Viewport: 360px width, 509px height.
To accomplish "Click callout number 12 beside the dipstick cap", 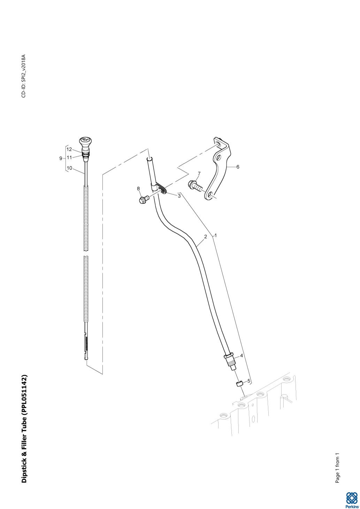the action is tap(69, 149).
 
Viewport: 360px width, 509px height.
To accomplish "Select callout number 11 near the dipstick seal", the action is tap(69, 157).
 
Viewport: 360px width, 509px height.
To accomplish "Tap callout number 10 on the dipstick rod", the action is tap(69, 168).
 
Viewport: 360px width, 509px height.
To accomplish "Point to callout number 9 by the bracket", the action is tap(61, 159).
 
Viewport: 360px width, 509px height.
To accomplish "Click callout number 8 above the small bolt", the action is tap(138, 188).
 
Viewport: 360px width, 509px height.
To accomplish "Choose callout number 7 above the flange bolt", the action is tap(199, 174).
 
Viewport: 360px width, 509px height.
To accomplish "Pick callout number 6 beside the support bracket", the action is tap(238, 167).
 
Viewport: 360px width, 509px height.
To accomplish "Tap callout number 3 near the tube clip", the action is tap(179, 196).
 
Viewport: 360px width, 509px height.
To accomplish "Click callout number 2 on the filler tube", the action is tap(206, 237).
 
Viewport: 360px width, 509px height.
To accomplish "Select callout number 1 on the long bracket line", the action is tap(216, 236).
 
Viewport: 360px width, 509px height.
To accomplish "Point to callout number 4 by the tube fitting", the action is tap(242, 356).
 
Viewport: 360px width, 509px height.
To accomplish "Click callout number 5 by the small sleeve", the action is tap(248, 380).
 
